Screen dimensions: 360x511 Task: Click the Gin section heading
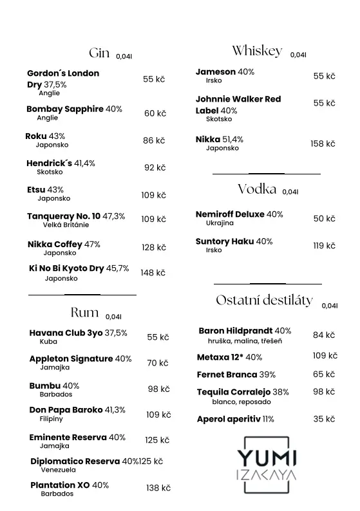tap(99, 53)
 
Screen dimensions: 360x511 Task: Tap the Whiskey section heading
tap(257, 51)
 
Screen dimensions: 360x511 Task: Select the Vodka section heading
tap(257, 189)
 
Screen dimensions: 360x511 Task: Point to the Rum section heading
tap(84, 313)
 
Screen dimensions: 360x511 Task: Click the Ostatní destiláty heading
tap(264, 301)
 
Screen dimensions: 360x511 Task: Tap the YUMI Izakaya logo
tap(267, 466)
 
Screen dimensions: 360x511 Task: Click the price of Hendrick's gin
tap(155, 168)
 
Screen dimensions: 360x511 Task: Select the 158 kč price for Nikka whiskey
tap(323, 144)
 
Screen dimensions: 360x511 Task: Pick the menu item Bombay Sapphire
tap(64, 109)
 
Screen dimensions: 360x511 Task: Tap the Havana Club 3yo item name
tap(66, 333)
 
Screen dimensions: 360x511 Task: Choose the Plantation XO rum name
tap(60, 485)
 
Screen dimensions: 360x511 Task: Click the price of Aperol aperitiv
tap(324, 419)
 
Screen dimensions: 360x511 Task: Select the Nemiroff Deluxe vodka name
tap(230, 214)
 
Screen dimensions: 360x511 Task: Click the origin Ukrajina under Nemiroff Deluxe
tap(220, 223)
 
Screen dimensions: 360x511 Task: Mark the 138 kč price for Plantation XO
tap(158, 488)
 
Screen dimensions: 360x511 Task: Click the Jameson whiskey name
tap(215, 72)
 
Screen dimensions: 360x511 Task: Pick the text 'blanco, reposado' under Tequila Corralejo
tap(242, 402)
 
